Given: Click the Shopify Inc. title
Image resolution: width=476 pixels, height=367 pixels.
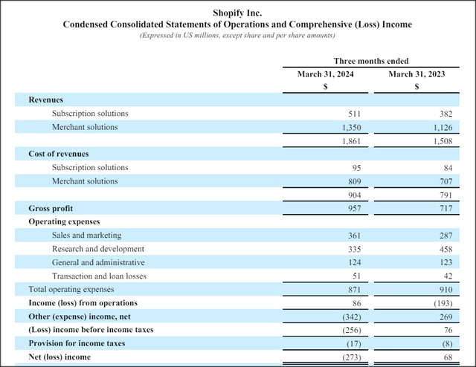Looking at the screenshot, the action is (x=237, y=13).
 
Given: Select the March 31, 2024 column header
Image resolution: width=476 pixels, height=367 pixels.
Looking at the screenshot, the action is (x=326, y=74).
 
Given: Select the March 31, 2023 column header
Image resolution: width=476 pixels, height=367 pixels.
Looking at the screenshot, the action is (x=416, y=74).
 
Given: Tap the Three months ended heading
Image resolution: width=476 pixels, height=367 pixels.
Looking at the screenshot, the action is (x=371, y=61).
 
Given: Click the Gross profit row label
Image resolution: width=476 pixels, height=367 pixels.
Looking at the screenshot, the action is (x=51, y=208).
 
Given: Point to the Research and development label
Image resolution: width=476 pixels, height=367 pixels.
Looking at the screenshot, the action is (x=98, y=249).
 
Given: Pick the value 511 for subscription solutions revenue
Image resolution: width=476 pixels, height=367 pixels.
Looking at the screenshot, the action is (x=354, y=114).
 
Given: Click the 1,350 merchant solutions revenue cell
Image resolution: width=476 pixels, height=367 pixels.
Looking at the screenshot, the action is (x=352, y=127).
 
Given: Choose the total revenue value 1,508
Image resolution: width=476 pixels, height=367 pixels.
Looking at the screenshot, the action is (x=443, y=141).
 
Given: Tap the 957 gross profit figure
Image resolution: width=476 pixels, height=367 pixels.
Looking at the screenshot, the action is (x=354, y=208).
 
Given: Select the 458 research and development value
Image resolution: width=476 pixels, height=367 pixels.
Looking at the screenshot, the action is (x=446, y=250).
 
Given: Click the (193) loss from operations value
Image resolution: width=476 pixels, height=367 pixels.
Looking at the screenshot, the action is (x=443, y=303).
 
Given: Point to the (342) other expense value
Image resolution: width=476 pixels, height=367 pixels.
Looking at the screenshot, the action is (x=352, y=317).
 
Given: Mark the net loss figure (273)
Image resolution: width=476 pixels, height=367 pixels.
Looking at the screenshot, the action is (x=352, y=357).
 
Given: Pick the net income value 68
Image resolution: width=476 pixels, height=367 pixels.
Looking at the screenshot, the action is (x=448, y=357).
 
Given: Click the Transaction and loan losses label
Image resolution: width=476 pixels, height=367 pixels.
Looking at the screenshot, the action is (x=99, y=276).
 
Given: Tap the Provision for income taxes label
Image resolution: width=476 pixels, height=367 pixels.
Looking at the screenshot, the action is (x=77, y=343).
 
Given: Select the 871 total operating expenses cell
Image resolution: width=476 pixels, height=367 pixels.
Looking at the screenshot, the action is (x=354, y=290).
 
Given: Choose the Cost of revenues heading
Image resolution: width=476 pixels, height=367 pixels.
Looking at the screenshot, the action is (x=59, y=154).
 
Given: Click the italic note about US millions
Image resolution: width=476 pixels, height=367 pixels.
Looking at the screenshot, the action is (x=237, y=36).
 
